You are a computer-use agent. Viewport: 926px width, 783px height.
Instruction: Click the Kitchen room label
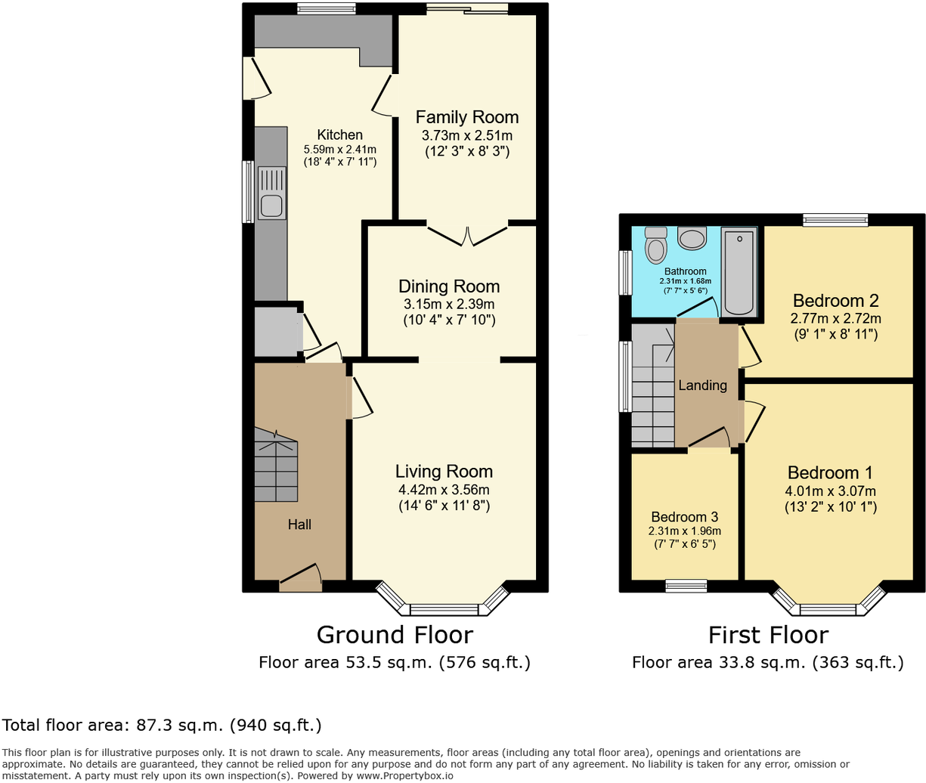[x=339, y=135]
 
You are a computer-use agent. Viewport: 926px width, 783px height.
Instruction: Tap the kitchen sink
[x=271, y=205]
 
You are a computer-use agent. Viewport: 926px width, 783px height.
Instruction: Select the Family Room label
[x=467, y=117]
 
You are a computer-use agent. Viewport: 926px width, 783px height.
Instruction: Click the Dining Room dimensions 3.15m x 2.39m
[x=449, y=304]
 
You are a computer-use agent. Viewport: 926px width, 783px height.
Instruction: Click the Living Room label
[x=444, y=472]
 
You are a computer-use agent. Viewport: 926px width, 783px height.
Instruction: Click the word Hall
[x=299, y=525]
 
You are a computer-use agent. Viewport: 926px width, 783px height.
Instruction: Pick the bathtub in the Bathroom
[x=739, y=272]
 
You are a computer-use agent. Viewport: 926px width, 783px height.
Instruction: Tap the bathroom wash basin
[x=692, y=239]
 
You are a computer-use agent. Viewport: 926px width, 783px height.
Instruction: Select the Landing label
[x=702, y=385]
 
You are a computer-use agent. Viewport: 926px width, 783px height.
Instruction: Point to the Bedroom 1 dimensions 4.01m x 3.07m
[x=830, y=491]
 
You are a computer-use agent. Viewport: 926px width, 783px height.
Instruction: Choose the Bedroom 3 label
[x=684, y=517]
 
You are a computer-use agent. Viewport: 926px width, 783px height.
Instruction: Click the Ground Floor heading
[x=395, y=635]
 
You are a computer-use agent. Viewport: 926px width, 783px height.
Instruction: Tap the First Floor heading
[x=768, y=635]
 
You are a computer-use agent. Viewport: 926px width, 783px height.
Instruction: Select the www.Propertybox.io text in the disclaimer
[x=404, y=775]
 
